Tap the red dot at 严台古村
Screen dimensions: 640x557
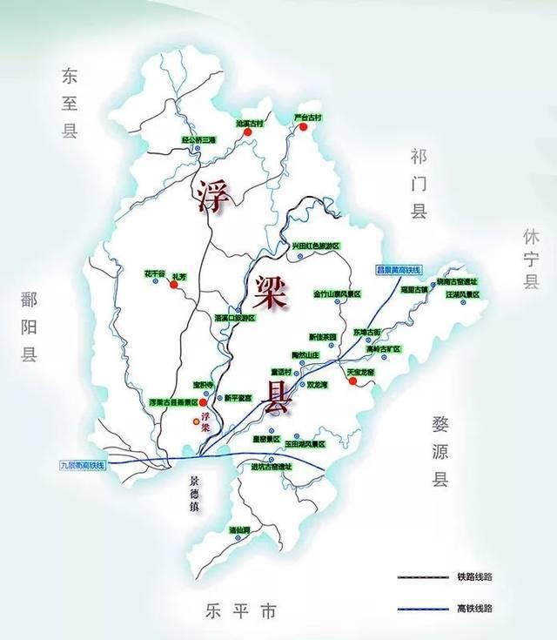[304, 127]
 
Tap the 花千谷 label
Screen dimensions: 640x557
[154, 273]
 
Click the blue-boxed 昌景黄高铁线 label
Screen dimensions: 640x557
[398, 269]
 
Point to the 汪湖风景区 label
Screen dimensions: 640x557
[462, 294]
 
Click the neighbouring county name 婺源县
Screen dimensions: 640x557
[440, 450]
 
